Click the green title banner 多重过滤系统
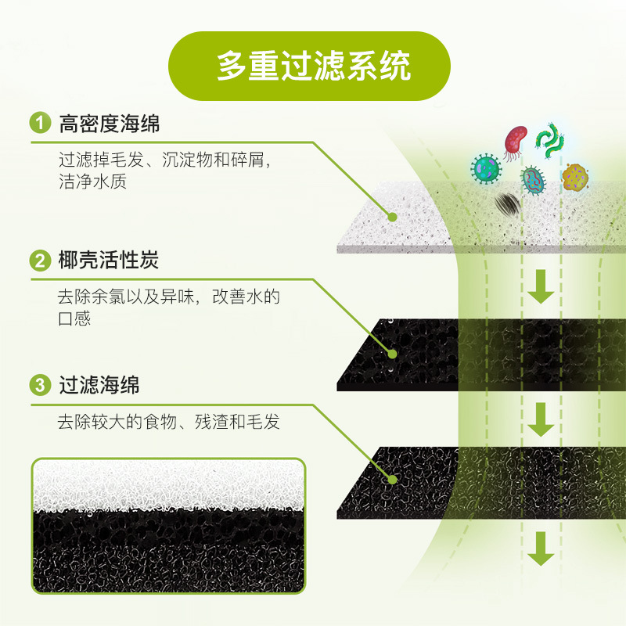point(313,67)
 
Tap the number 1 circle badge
point(39,124)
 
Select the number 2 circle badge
point(39,261)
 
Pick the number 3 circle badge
point(39,385)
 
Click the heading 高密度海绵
point(109,124)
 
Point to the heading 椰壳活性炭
point(109,261)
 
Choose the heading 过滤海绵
point(99,385)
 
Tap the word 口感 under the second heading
point(74,319)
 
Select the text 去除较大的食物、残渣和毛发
point(168,423)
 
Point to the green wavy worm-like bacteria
point(552,137)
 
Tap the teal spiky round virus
point(486,167)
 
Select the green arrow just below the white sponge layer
point(540,287)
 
